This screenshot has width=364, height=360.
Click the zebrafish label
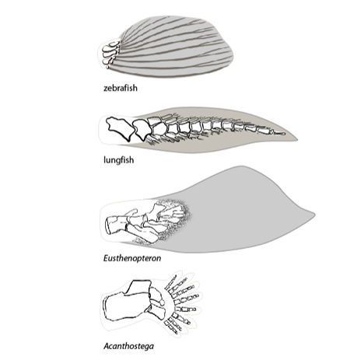(x=121, y=88)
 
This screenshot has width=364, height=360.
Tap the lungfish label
(x=119, y=160)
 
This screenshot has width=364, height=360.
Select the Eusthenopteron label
(x=132, y=258)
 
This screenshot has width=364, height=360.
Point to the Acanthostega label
(x=128, y=346)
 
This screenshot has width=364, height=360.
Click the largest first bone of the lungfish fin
(x=120, y=128)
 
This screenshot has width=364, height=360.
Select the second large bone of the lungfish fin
(x=142, y=129)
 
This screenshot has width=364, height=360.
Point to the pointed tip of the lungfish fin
(x=297, y=140)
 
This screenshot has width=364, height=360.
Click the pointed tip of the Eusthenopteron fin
(x=314, y=215)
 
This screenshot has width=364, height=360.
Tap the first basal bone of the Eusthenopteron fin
(x=117, y=224)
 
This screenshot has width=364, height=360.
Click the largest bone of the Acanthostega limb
(x=126, y=306)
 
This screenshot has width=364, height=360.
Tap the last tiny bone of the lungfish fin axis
(x=279, y=134)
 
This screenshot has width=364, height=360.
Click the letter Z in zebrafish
(x=106, y=89)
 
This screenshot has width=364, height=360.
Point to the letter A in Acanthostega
(x=107, y=346)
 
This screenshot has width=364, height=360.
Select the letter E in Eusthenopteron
(x=106, y=258)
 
